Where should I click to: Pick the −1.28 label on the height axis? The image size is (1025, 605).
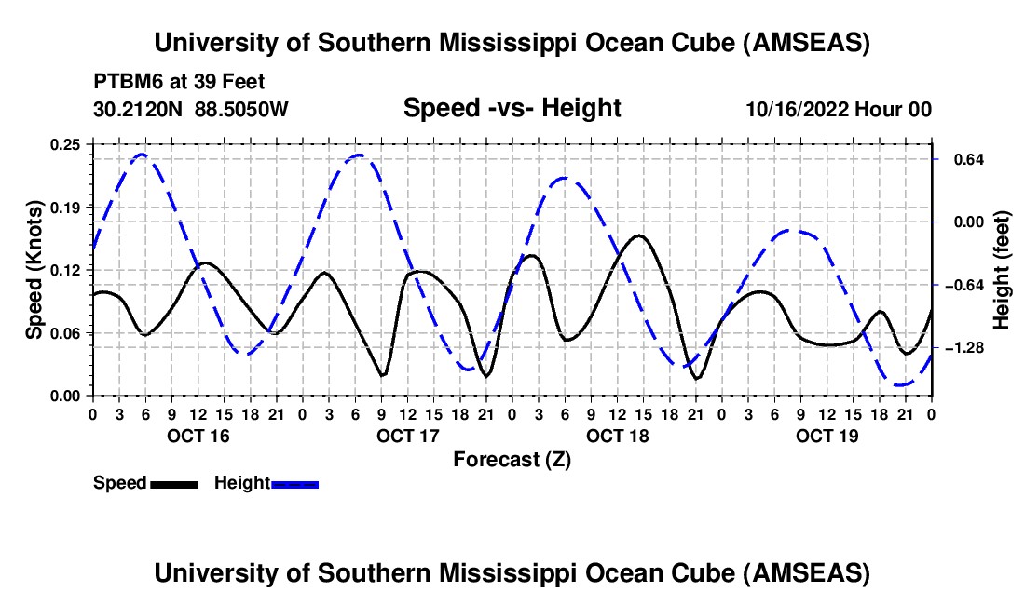point(962,347)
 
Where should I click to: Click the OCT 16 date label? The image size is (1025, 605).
point(197,436)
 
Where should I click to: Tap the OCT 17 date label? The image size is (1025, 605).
point(406,436)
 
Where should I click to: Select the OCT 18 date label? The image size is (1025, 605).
point(616,436)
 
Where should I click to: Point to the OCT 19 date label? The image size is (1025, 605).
point(826,436)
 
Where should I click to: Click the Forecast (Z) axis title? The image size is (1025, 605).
point(512,459)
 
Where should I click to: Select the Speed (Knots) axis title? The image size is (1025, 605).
point(34,270)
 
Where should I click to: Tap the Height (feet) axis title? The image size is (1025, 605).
point(1002,270)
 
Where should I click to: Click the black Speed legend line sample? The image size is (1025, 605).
point(173,483)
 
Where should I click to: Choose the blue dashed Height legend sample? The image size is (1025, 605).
point(295,483)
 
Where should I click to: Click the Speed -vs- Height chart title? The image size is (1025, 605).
point(512,108)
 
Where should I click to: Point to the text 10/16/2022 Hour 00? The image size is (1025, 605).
point(839,109)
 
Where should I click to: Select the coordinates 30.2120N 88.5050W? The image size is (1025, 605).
point(191,109)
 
